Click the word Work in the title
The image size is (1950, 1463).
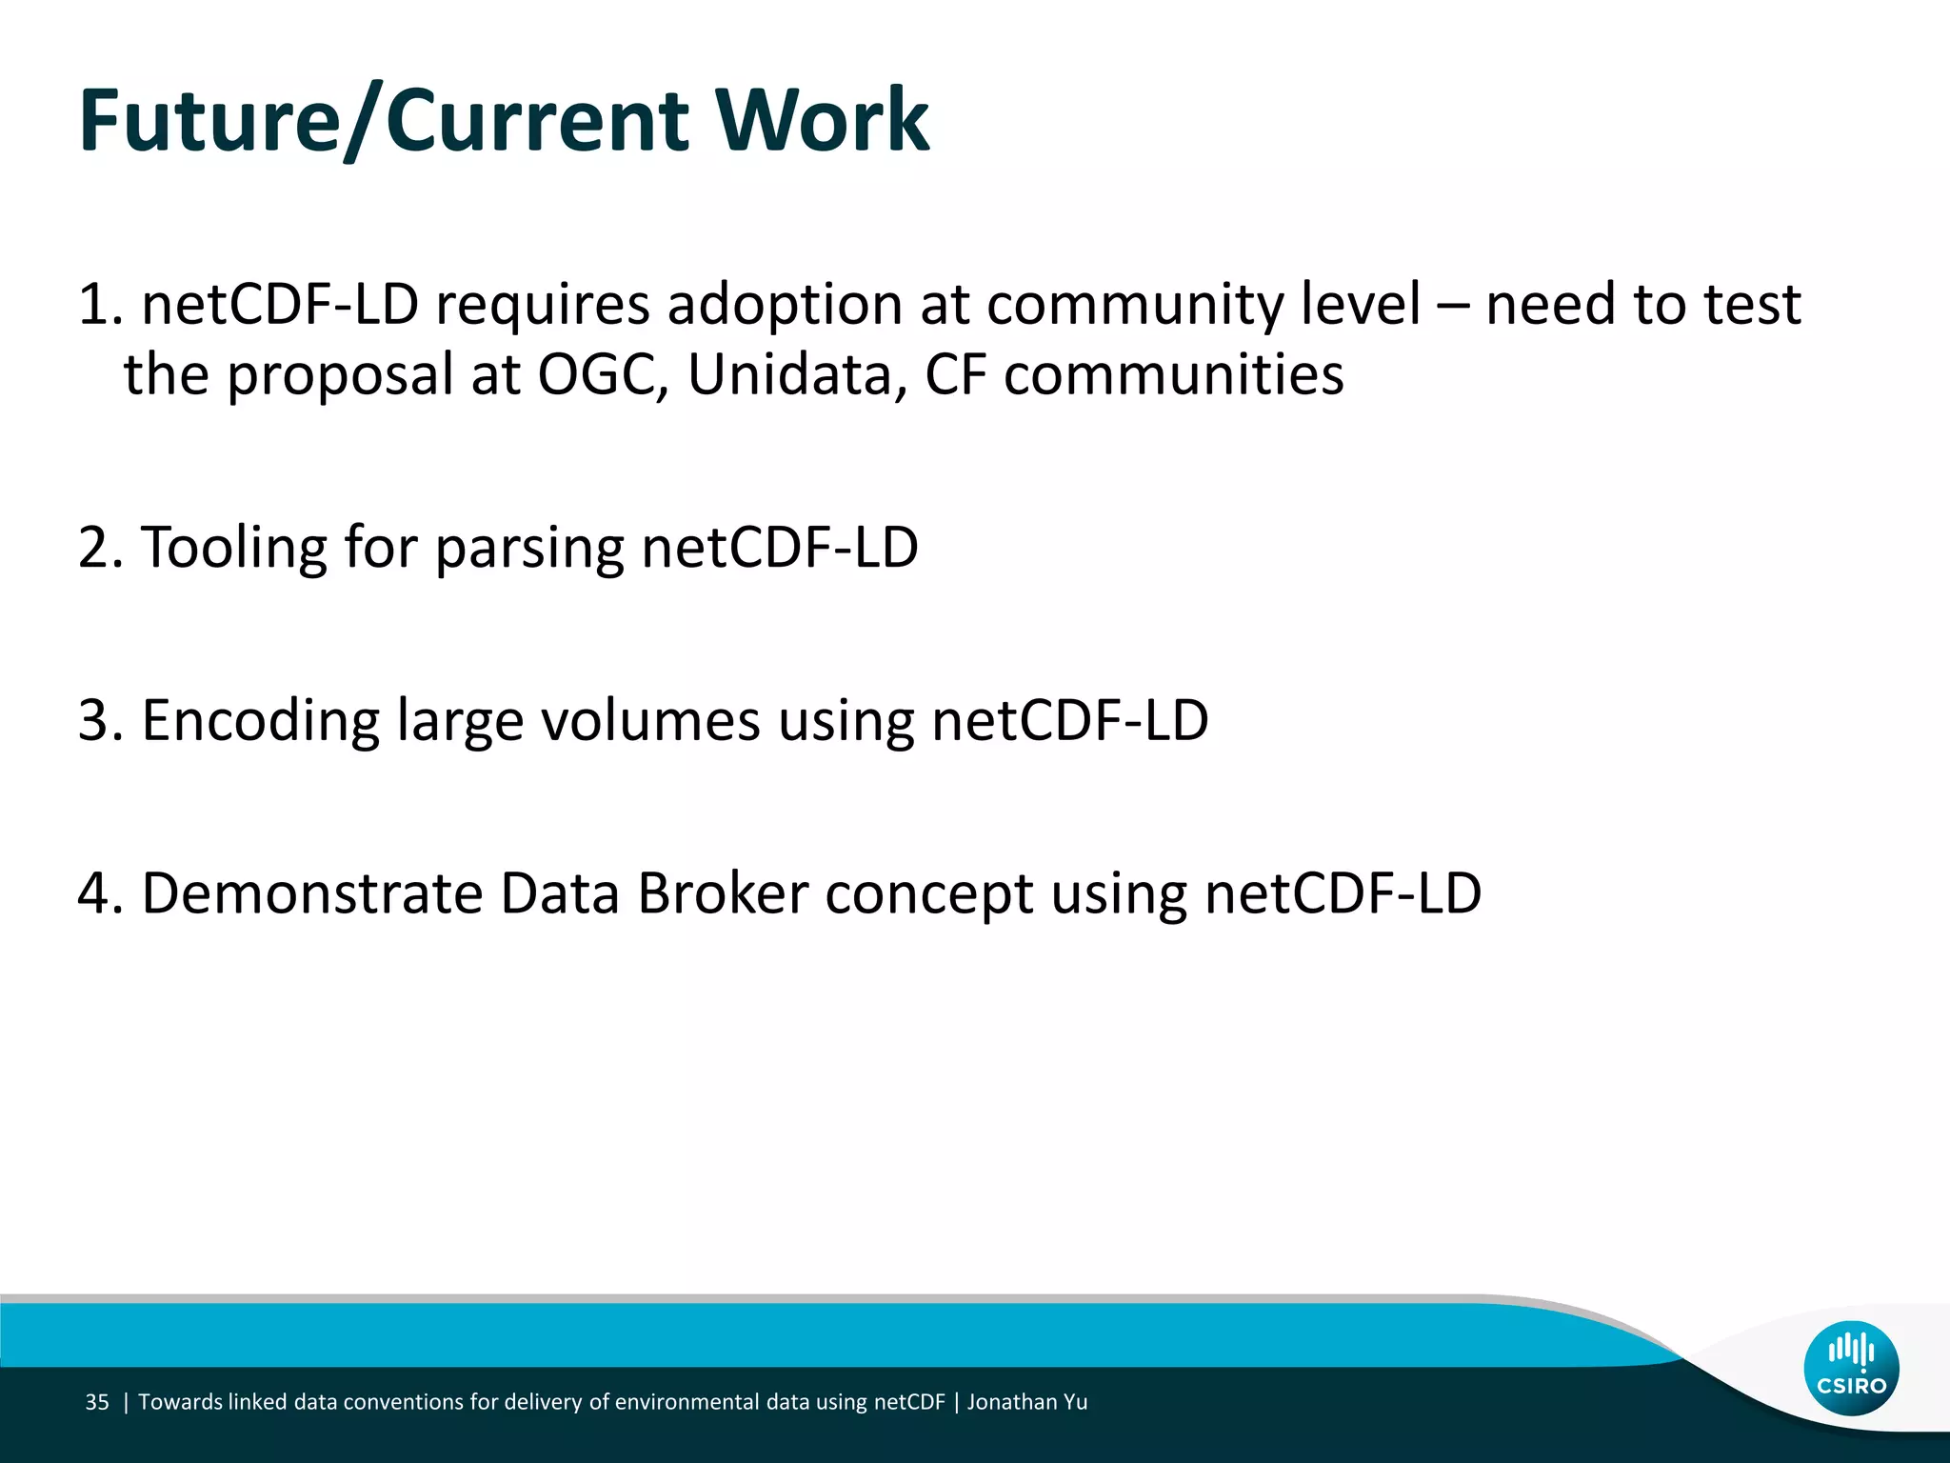click(821, 121)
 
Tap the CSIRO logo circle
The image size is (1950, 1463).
click(1851, 1368)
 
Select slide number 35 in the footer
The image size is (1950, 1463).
click(97, 1402)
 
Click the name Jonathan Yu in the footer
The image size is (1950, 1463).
click(1027, 1402)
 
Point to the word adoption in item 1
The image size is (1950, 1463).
click(784, 305)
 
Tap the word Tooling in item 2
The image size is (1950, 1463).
click(234, 548)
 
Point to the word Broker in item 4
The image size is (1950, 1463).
click(723, 893)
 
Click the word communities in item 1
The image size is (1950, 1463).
click(1174, 374)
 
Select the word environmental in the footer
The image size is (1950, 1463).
click(686, 1402)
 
